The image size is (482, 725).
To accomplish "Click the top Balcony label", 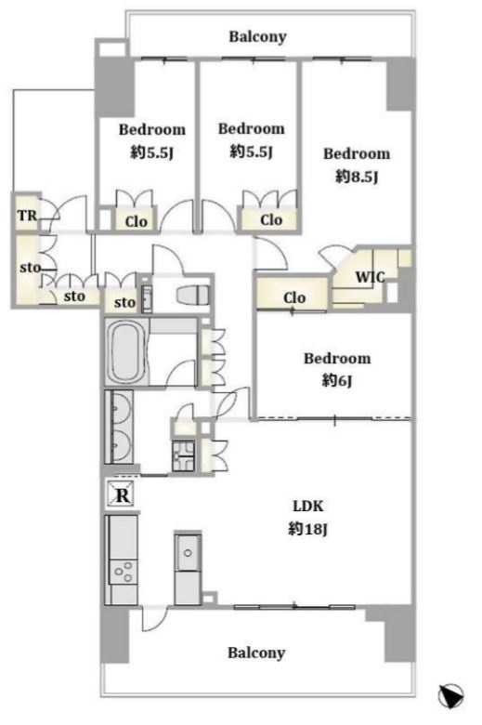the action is pyautogui.click(x=257, y=36).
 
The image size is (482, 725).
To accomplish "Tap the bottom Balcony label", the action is pyautogui.click(x=256, y=652).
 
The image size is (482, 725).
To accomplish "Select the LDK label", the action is pyautogui.click(x=308, y=506).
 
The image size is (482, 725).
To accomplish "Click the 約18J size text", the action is pyautogui.click(x=307, y=529).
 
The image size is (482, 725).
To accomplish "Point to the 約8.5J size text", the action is pyautogui.click(x=357, y=177).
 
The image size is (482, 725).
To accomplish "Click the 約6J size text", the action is pyautogui.click(x=337, y=380).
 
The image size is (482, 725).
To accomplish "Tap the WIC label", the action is pyautogui.click(x=370, y=277).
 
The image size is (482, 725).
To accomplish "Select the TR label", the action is pyautogui.click(x=27, y=216).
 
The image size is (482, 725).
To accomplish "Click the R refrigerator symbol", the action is pyautogui.click(x=122, y=495).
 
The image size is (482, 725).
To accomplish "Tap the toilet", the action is pyautogui.click(x=193, y=295).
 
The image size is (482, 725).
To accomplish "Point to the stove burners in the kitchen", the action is pyautogui.click(x=124, y=572).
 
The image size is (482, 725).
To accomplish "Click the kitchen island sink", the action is pyautogui.click(x=188, y=553).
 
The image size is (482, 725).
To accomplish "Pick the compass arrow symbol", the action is pyautogui.click(x=450, y=696).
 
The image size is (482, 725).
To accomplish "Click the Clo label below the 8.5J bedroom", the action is pyautogui.click(x=294, y=297).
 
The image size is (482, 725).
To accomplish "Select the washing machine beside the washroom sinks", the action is pyautogui.click(x=184, y=455).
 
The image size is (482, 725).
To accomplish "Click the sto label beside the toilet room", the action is pyautogui.click(x=124, y=303).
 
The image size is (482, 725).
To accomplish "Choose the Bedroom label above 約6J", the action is pyautogui.click(x=337, y=359).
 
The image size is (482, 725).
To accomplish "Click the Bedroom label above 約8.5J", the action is pyautogui.click(x=357, y=153).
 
